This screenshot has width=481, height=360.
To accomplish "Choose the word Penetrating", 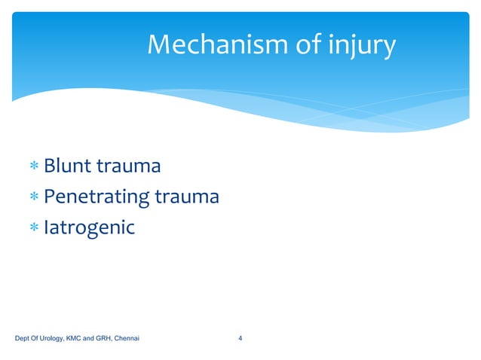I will click(x=97, y=197).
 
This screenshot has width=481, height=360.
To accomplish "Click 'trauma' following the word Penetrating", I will click(x=187, y=197).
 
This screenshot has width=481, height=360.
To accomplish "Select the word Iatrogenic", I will click(x=89, y=227).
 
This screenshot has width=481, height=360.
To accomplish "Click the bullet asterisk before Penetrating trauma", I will click(x=34, y=197).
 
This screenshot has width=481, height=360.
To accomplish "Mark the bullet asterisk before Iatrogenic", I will click(x=34, y=227).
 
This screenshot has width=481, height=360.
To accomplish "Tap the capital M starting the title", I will click(x=159, y=46).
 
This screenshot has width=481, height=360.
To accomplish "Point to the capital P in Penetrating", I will click(x=49, y=197).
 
